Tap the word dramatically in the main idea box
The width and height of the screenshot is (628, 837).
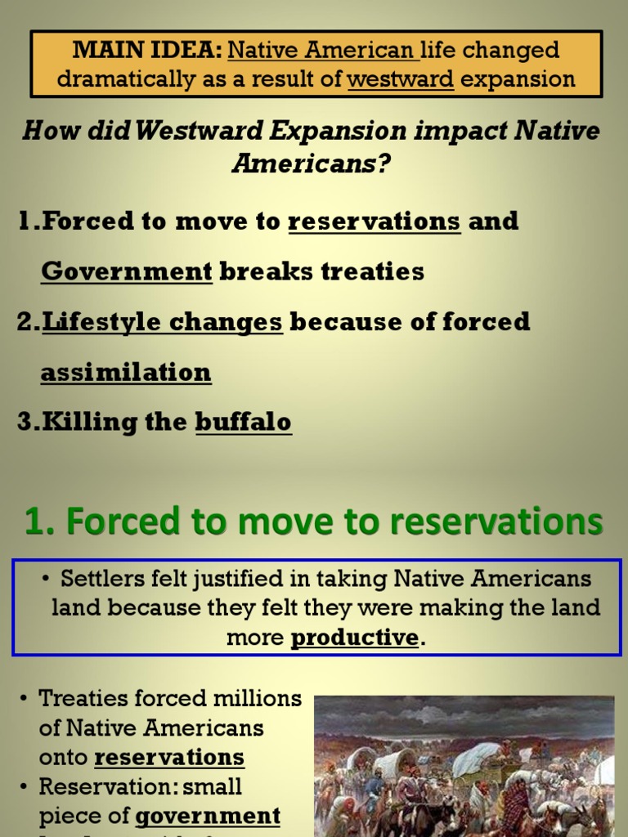click(x=108, y=79)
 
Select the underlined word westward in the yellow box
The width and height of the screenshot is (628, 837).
click(x=401, y=79)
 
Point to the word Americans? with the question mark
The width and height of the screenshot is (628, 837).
click(x=312, y=163)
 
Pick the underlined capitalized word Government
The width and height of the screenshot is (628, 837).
click(x=127, y=271)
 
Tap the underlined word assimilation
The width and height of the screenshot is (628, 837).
click(x=126, y=373)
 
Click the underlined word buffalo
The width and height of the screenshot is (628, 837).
click(x=244, y=422)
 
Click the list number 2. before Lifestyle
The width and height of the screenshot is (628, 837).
click(x=29, y=322)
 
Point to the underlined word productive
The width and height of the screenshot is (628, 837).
click(x=355, y=638)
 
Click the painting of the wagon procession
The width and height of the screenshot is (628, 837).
click(x=464, y=766)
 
